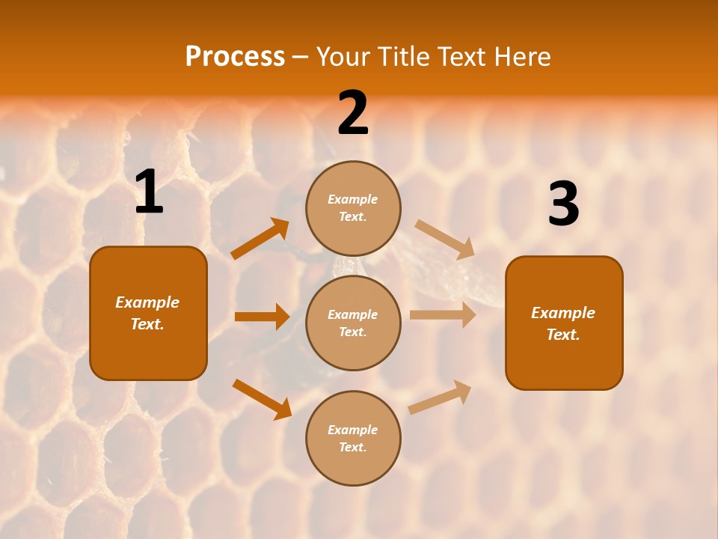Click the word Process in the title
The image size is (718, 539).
[x=235, y=57]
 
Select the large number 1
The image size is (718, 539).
[x=149, y=193]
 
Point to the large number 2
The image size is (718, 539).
[x=353, y=113]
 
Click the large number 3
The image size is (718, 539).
[x=563, y=204]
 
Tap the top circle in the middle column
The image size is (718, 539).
[x=353, y=208]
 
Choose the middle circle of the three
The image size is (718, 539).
[x=353, y=323]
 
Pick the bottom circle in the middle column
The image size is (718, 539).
[x=353, y=438]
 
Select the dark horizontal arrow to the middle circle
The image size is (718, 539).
[x=262, y=317]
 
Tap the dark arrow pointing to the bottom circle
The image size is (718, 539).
[x=262, y=399]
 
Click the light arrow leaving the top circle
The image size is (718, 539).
[x=444, y=239]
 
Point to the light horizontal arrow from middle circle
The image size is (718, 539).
[x=443, y=315]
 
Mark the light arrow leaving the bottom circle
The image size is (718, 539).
[x=441, y=397]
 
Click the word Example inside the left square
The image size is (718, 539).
[x=147, y=302]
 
